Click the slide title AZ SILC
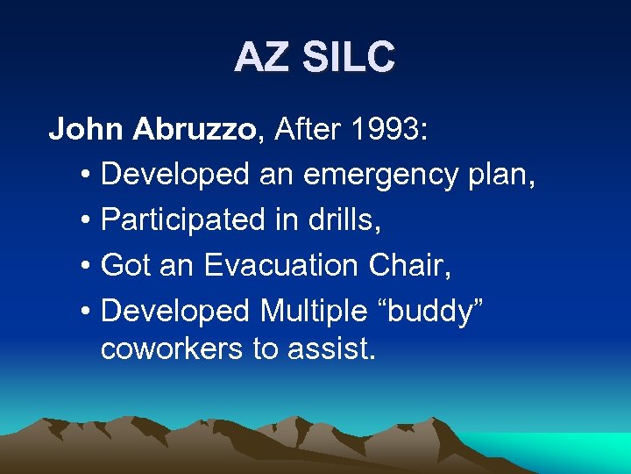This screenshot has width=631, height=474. [315, 59]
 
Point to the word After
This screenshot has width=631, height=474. [304, 130]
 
